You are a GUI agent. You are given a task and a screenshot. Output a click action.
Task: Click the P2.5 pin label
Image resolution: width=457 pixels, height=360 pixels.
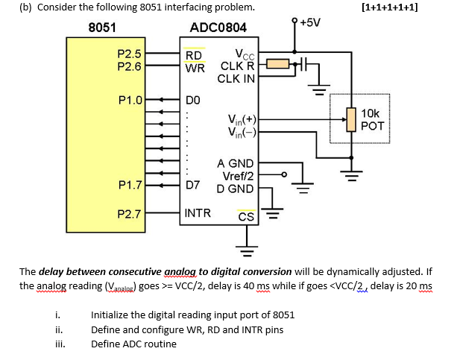tap(130, 54)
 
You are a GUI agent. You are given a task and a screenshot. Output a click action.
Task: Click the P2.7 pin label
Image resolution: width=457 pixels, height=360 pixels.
tap(130, 214)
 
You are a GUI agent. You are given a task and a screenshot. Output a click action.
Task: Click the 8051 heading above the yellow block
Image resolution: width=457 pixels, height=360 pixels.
tap(101, 28)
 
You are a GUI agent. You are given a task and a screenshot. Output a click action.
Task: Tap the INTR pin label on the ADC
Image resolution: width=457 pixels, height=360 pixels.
tap(198, 213)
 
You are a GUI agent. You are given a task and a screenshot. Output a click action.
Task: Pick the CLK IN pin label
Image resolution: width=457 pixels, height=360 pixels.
tap(236, 78)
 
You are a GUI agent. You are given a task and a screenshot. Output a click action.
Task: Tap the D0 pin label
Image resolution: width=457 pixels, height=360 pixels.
tap(192, 100)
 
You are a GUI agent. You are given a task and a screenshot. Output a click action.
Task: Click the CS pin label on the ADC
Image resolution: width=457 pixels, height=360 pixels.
tap(245, 217)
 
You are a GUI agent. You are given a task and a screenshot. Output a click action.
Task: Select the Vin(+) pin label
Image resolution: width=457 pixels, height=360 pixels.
tap(242, 119)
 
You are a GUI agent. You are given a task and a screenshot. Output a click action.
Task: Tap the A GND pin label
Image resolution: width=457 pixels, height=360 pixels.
tap(236, 164)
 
